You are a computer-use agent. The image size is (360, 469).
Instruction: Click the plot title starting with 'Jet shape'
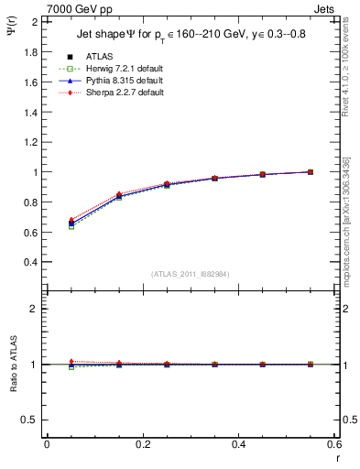[x=183, y=36]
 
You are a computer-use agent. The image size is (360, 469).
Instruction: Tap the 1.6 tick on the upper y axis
[x=31, y=82]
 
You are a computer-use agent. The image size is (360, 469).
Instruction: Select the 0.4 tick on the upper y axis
[x=31, y=261]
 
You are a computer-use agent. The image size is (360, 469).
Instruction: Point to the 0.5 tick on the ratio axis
[x=31, y=420]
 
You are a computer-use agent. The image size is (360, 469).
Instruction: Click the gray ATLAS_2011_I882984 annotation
[x=191, y=274]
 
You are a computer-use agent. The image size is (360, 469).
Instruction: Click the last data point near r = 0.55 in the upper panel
[x=310, y=171]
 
